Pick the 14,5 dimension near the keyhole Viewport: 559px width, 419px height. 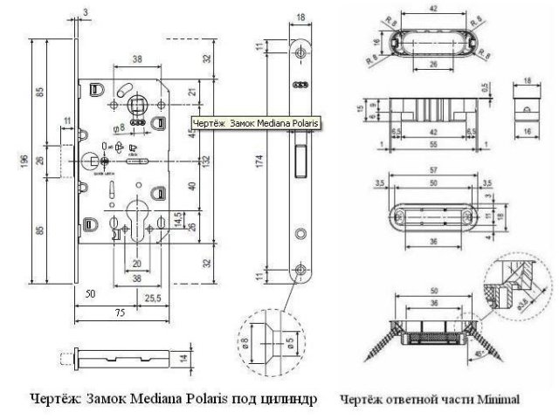pyautogui.click(x=177, y=215)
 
